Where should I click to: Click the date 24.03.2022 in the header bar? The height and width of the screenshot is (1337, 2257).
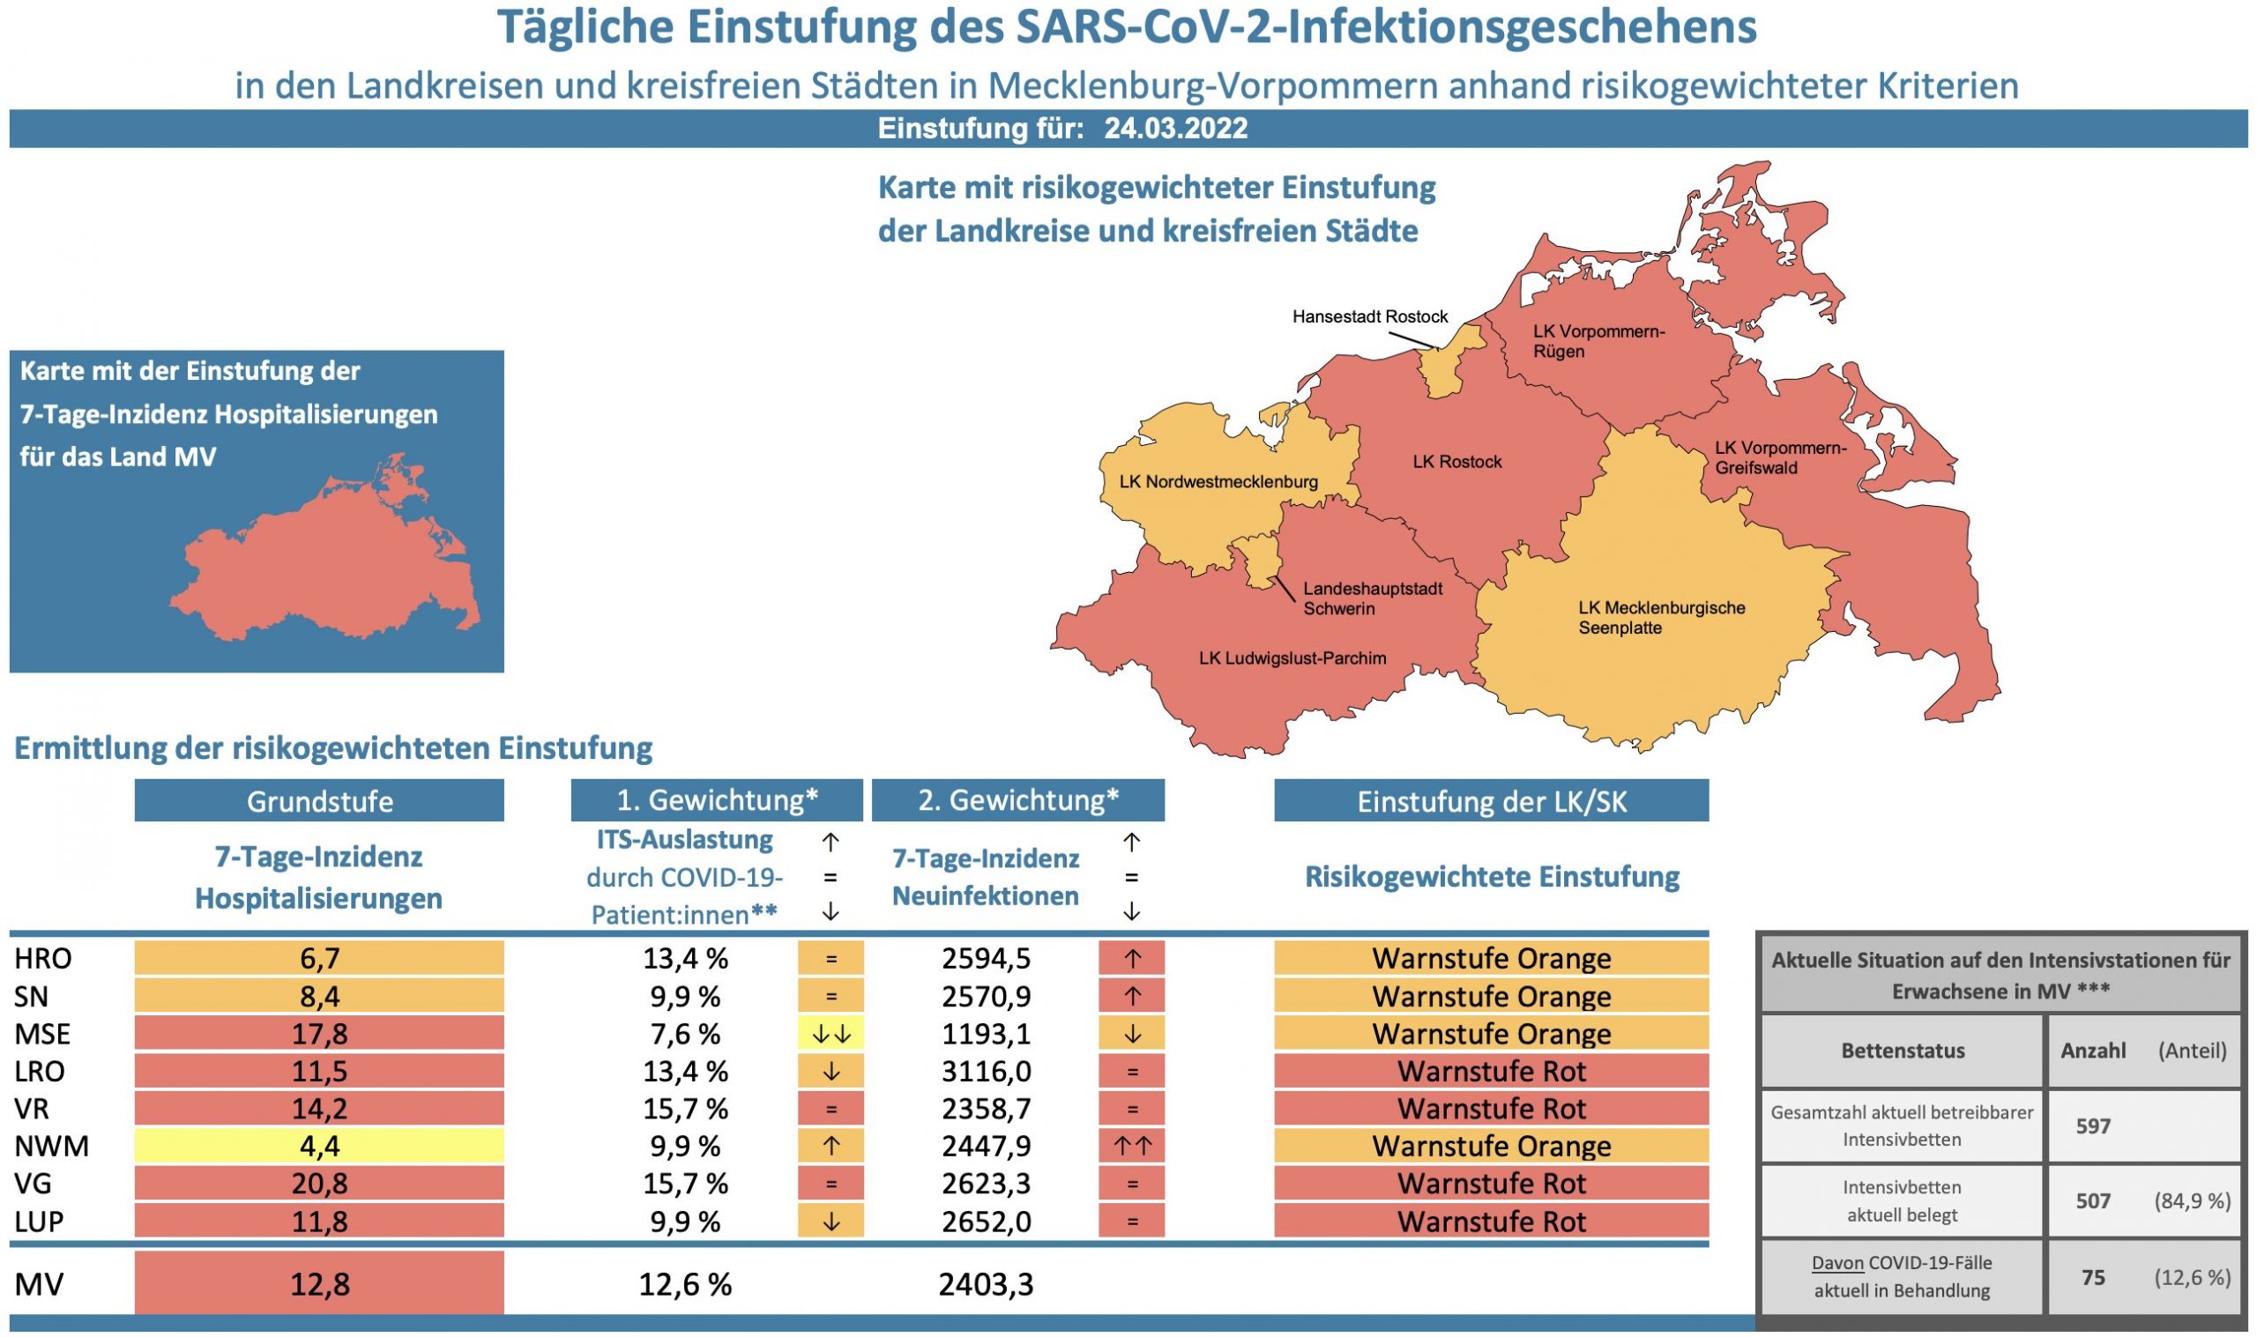(x=1175, y=129)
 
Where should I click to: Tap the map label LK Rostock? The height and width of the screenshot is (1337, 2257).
(x=1457, y=462)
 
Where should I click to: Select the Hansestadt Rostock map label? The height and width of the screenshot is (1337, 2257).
(x=1369, y=317)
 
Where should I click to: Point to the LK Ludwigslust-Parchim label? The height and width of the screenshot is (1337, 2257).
(x=1292, y=658)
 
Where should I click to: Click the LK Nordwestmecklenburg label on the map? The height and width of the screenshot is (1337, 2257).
(x=1218, y=482)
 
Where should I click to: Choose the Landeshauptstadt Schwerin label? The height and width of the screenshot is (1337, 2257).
(x=1372, y=599)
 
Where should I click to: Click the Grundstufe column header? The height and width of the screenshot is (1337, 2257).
(x=319, y=801)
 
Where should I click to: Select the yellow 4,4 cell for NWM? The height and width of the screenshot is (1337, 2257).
(x=319, y=1146)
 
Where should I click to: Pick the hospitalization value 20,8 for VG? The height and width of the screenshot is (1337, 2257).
(x=319, y=1184)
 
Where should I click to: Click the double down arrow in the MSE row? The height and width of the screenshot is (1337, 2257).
(x=830, y=1035)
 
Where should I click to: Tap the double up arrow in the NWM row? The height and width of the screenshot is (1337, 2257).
(x=1131, y=1146)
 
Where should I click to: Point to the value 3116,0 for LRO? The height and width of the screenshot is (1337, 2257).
(x=986, y=1072)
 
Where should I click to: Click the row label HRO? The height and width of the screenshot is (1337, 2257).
(x=43, y=959)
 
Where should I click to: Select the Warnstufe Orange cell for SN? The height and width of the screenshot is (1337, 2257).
(x=1490, y=997)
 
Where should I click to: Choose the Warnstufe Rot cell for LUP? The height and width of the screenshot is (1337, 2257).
(x=1490, y=1222)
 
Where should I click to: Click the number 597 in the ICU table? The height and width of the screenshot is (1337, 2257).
(x=2092, y=1126)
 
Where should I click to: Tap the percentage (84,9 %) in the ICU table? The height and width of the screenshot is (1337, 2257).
(x=2191, y=1201)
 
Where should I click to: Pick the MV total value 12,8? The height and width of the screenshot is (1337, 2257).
(x=319, y=1285)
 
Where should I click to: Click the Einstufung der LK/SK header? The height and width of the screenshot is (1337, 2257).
(x=1490, y=802)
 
